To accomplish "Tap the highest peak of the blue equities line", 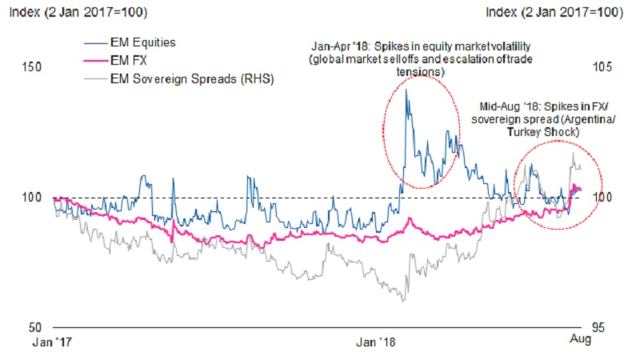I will pyautogui.click(x=406, y=89).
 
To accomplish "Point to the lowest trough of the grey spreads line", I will pyautogui.click(x=404, y=301).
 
